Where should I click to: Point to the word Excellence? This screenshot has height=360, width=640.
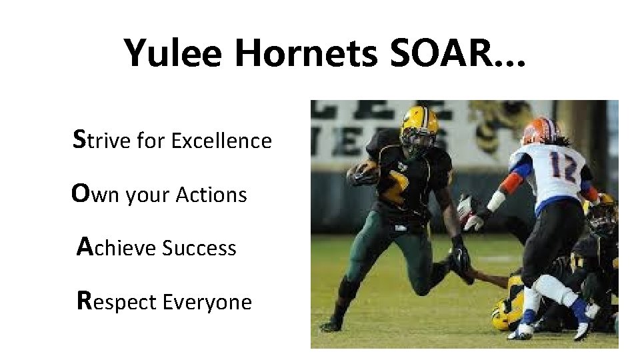pos(221,141)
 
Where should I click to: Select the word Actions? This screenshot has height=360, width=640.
pos(211,195)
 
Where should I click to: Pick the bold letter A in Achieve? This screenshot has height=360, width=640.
pos(85,247)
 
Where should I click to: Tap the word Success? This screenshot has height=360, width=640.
pos(199,249)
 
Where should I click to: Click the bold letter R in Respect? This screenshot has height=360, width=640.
pos(85,301)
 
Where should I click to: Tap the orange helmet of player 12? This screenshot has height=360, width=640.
pos(539,131)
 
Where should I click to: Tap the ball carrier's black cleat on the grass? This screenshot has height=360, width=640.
pos(331,325)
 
